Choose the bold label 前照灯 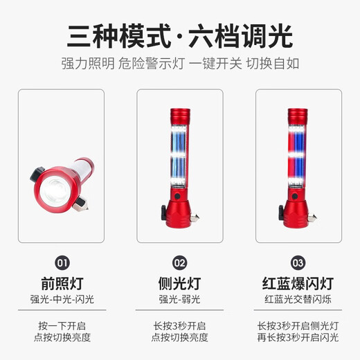tap(62, 283)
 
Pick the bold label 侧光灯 tap(180, 283)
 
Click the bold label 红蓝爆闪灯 tap(298, 283)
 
